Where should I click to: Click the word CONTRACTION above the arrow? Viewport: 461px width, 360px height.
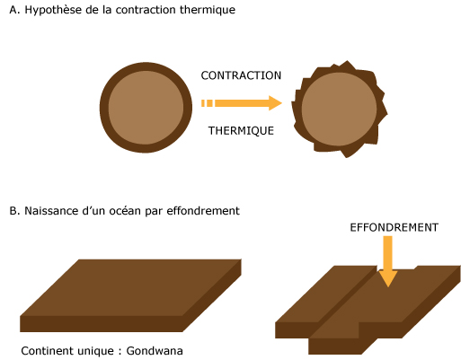[241, 75]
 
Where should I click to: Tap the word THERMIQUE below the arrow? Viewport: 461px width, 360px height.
[241, 131]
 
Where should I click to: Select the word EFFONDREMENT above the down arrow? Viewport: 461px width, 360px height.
[395, 227]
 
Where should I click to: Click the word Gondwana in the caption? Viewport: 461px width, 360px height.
[155, 351]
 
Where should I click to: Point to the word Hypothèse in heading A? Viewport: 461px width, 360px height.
[49, 10]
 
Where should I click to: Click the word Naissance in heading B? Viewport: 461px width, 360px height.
[51, 211]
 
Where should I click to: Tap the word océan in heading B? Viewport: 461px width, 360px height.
[125, 211]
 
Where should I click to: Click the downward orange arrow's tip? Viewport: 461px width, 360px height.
[388, 286]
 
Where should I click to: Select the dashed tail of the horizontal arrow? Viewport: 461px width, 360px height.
[207, 103]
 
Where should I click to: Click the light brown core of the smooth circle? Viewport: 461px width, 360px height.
[146, 108]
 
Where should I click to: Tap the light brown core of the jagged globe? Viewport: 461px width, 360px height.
[339, 110]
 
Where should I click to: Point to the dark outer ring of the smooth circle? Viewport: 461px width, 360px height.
[104, 108]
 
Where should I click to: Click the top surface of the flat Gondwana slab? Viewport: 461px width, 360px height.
[130, 287]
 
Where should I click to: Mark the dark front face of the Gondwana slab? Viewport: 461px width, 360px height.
[102, 324]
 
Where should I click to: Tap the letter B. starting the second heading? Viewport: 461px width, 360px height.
[14, 211]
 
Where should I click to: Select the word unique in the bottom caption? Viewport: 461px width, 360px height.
[96, 351]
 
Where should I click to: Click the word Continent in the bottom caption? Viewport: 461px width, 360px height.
[47, 351]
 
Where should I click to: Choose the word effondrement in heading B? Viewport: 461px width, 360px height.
[203, 211]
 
